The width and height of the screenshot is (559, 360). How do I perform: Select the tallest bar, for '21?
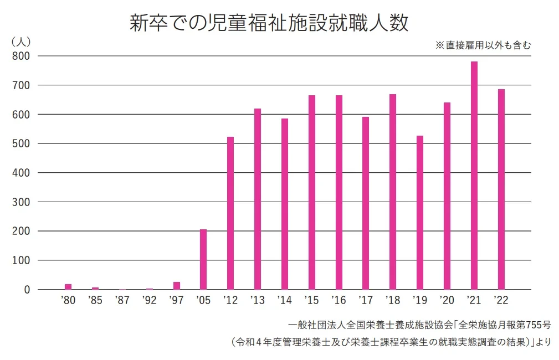(x=474, y=175)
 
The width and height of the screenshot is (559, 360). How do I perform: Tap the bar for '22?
(x=501, y=189)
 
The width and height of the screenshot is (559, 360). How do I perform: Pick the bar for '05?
(x=203, y=259)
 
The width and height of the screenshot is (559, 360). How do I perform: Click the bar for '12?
(x=230, y=213)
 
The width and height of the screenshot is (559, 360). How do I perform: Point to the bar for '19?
(x=419, y=213)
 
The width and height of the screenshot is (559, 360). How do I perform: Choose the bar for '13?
(x=258, y=199)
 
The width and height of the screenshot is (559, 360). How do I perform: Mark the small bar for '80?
(x=68, y=286)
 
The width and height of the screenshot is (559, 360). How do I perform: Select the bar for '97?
(x=177, y=285)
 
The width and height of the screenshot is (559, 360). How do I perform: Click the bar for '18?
(x=393, y=192)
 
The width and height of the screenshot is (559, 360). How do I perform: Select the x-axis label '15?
(x=311, y=301)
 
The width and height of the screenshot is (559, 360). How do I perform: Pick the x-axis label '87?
(x=122, y=301)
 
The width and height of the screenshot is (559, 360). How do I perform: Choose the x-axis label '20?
(x=447, y=301)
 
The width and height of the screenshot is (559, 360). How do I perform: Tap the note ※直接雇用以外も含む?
(x=483, y=45)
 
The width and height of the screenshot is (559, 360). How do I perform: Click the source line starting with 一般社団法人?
(x=419, y=324)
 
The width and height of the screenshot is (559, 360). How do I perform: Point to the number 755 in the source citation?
(x=528, y=324)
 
